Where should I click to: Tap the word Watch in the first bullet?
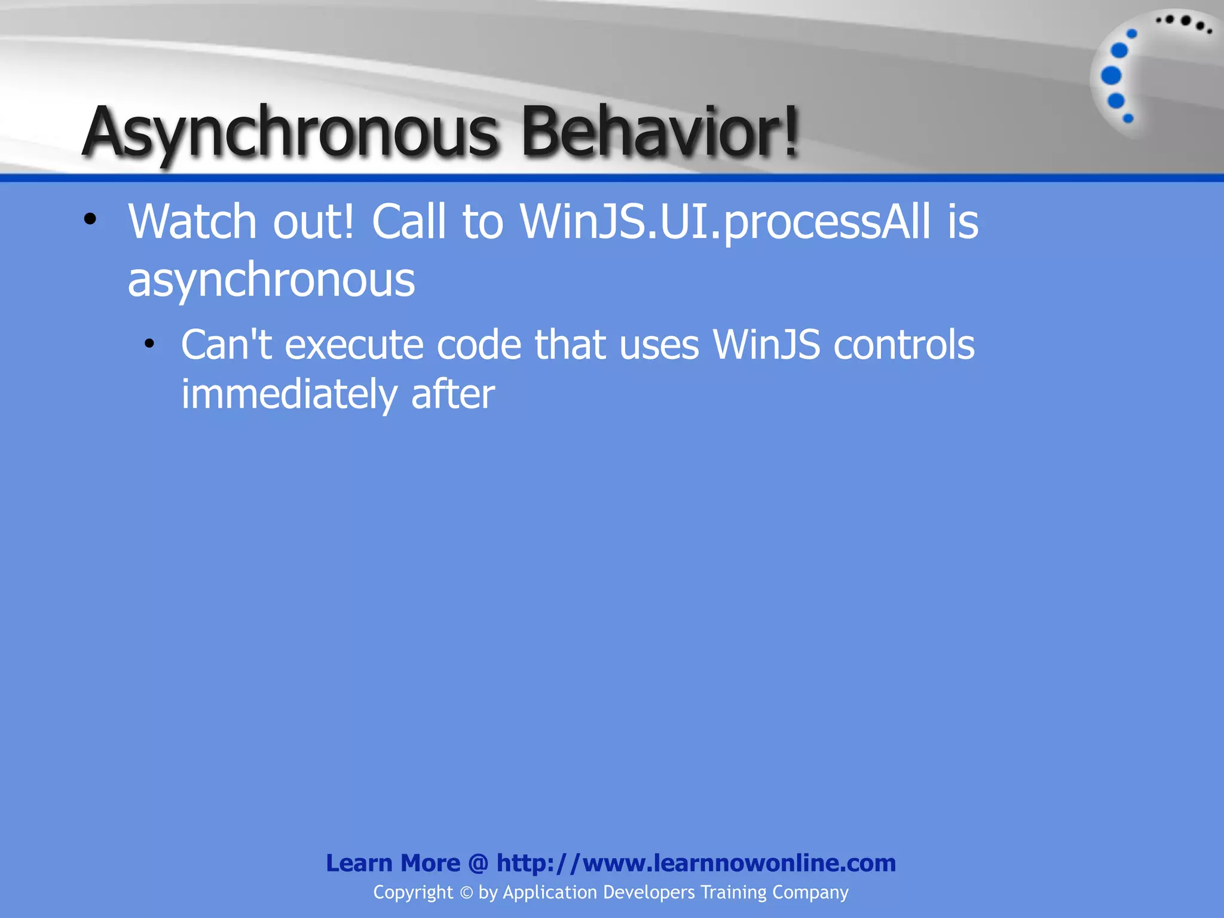pos(192,222)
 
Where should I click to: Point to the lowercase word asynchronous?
pos(271,280)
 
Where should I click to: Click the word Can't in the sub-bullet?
pos(227,345)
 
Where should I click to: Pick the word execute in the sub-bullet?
pos(354,346)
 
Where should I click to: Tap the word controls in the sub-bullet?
pos(903,345)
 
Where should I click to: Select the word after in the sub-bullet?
pos(452,394)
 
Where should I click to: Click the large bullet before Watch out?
pos(90,219)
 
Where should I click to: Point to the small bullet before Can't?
pos(149,344)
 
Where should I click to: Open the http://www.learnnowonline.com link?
pos(696,863)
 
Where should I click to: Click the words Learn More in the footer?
pos(393,863)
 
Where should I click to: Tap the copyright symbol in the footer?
pos(466,893)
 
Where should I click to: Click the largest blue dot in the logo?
pos(1111,75)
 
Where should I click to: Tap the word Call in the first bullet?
pos(408,222)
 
